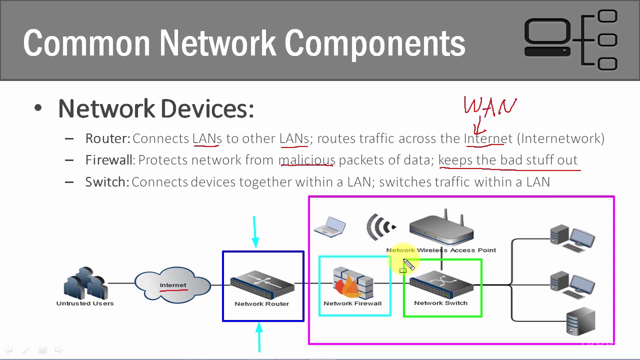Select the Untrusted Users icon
(85, 283)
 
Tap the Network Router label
(261, 303)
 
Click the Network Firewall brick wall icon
(353, 282)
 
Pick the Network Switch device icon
(441, 285)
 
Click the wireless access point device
(441, 228)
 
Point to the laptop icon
(330, 226)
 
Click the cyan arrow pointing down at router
(255, 232)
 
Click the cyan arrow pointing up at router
(259, 337)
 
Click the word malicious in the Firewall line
(306, 160)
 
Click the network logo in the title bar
(570, 40)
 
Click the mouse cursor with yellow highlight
(408, 264)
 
